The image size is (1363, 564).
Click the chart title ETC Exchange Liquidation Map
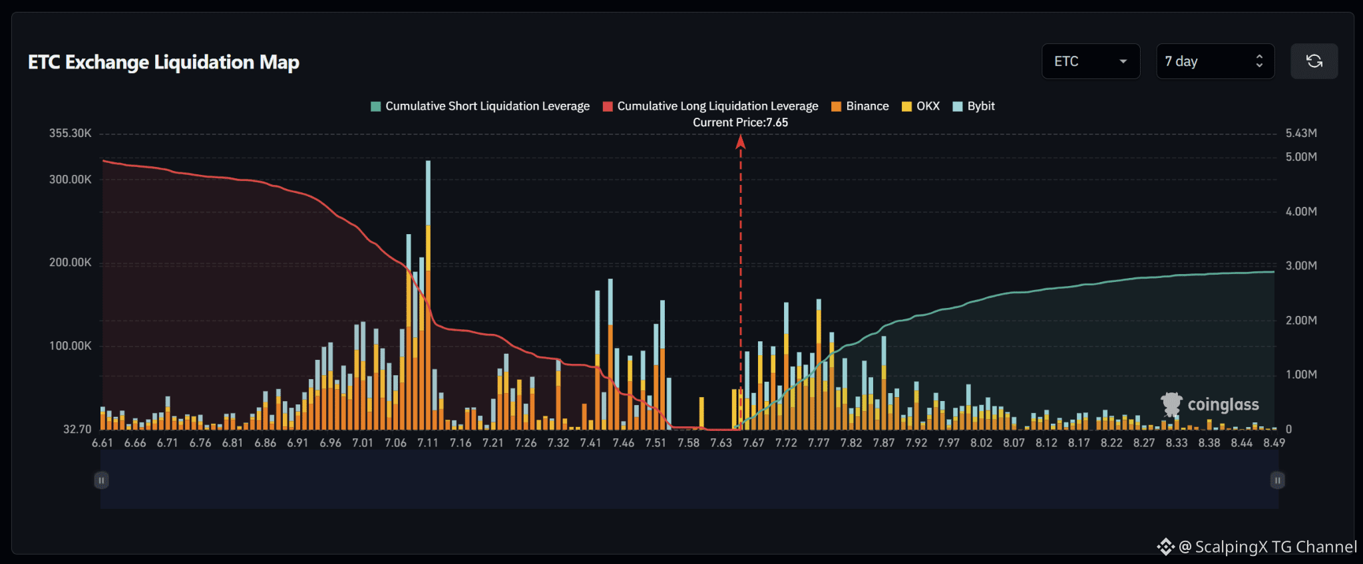(164, 62)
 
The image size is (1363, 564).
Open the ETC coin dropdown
(1091, 61)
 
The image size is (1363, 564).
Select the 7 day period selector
(1215, 61)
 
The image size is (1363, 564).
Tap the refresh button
(1314, 61)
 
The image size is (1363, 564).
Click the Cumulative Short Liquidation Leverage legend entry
(480, 106)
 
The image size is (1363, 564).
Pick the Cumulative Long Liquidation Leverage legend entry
(710, 106)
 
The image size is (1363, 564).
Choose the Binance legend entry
(860, 106)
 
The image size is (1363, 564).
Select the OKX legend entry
(920, 106)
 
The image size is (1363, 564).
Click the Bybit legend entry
(974, 106)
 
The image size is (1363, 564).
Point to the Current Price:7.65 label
(740, 122)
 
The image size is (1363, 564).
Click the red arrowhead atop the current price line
(740, 141)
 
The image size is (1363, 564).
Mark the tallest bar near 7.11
(428, 295)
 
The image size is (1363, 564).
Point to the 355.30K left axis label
(70, 133)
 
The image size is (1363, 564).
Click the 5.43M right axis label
(1301, 133)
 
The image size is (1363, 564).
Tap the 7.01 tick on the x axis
(363, 443)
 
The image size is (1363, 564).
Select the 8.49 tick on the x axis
(1274, 443)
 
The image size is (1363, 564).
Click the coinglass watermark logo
(1210, 404)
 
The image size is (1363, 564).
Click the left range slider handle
(101, 480)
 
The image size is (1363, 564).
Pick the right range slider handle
(1277, 480)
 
